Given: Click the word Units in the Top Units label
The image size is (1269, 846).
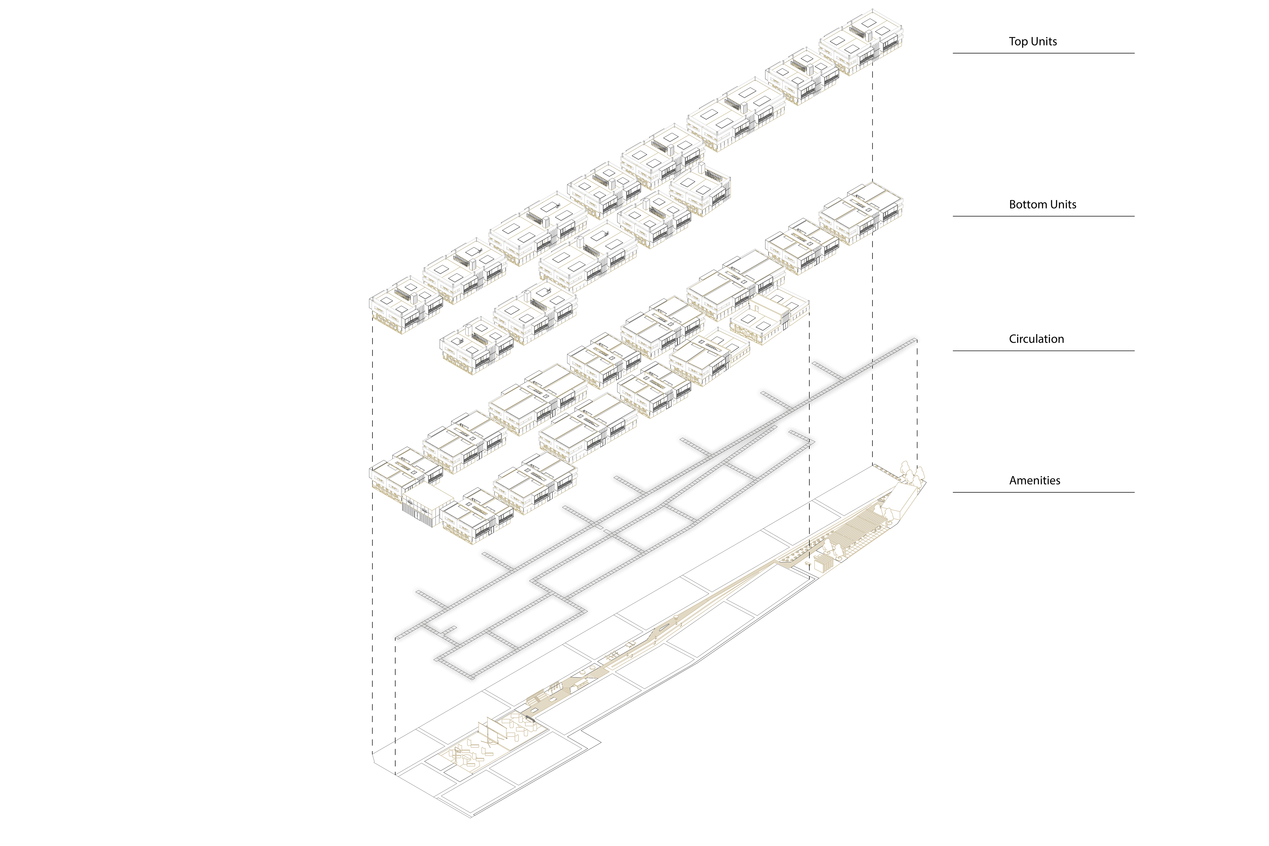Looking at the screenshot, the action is click(x=1044, y=42).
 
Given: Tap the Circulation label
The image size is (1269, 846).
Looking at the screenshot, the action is click(x=1036, y=339).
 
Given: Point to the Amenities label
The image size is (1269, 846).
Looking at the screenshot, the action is click(x=1034, y=480).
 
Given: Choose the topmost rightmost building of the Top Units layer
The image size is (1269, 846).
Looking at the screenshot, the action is click(x=861, y=40).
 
